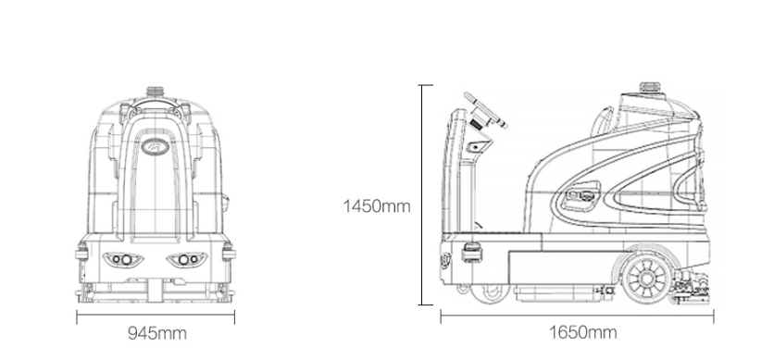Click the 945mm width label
click(x=157, y=333)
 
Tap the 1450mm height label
click(x=377, y=205)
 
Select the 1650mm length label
click(x=583, y=332)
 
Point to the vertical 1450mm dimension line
click(x=421, y=194)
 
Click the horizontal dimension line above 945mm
click(x=156, y=317)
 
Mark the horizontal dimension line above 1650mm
click(x=577, y=317)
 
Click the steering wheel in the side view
click(x=485, y=110)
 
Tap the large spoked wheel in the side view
click(x=646, y=279)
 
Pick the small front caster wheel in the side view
click(x=489, y=293)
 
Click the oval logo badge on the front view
click(x=155, y=146)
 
